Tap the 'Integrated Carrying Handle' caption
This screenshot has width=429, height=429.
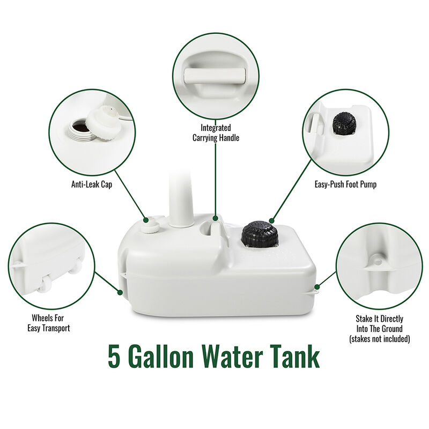pos(216,133)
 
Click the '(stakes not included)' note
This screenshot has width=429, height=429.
pos(379,339)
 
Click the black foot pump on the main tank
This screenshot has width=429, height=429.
pos(259,234)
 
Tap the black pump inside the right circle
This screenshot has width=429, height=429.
pos(344,124)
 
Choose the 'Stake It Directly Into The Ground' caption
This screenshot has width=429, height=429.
pos(379,324)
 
